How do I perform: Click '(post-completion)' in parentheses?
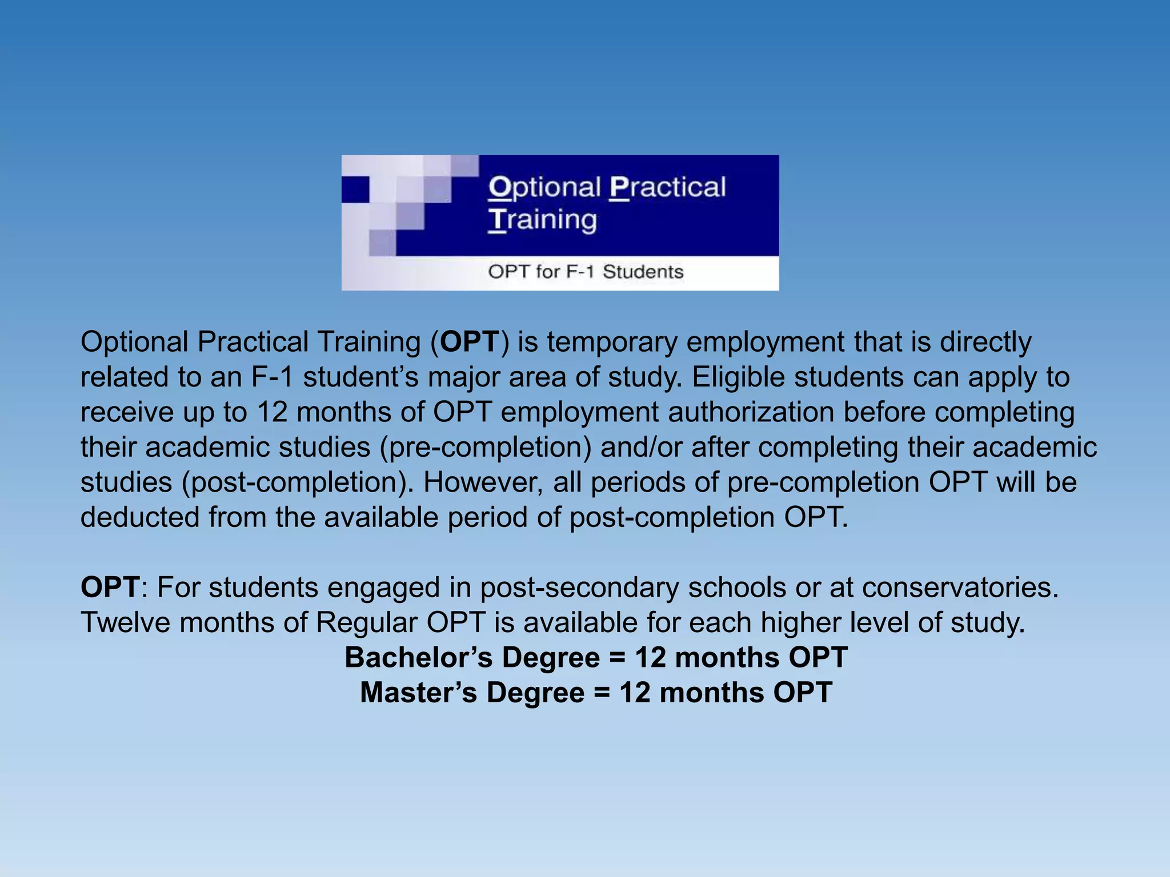[x=298, y=482]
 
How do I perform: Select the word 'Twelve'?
[x=126, y=622]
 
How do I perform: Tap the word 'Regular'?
[x=366, y=622]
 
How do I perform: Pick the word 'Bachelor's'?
[x=418, y=658]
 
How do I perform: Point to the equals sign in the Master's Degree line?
[x=602, y=693]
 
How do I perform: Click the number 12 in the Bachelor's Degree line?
[x=650, y=658]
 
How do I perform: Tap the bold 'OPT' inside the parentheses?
[x=470, y=343]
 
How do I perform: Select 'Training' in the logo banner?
[x=543, y=220]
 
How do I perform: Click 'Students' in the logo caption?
[x=643, y=272]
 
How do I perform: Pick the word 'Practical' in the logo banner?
[x=667, y=187]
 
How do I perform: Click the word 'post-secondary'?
[x=579, y=588]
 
